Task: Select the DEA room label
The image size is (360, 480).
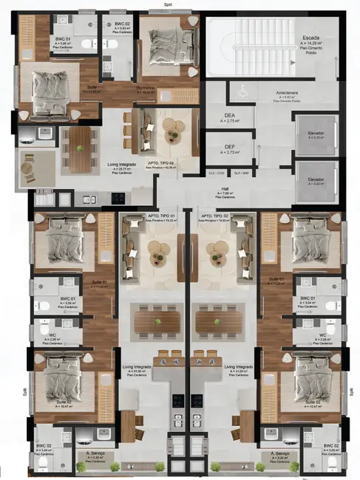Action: pos(230,117)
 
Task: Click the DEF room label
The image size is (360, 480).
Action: pos(230,147)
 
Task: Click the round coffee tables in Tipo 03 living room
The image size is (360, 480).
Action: pos(173,134)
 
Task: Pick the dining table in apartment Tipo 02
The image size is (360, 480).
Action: pos(220,319)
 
